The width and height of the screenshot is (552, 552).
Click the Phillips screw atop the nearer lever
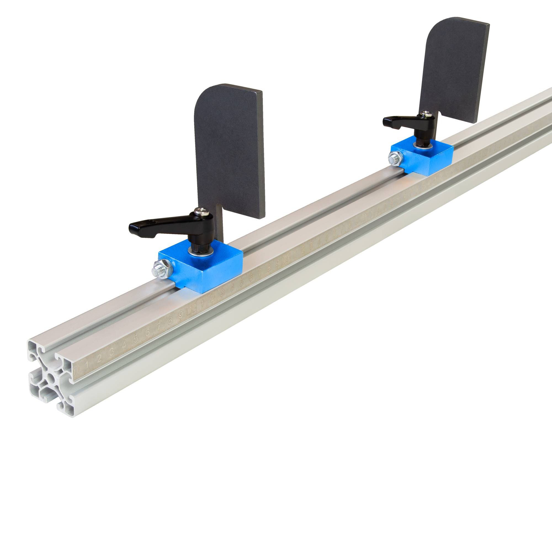coord(199,211)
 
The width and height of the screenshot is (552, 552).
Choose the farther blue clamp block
coord(429,160)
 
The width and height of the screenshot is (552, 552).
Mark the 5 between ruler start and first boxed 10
coord(136,338)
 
